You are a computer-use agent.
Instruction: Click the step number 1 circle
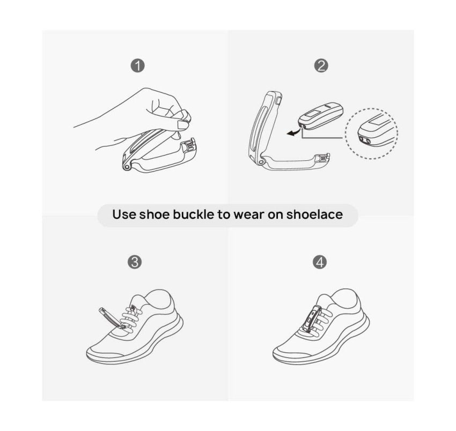pos(137,66)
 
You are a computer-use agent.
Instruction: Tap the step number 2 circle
pos(321,66)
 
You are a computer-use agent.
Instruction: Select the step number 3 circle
pos(135,263)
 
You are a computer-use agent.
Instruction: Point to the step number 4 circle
pos(320,263)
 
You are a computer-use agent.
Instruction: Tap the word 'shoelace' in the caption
pos(314,214)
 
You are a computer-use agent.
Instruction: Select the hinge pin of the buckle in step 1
pos(127,168)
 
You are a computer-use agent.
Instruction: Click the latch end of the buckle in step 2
pos(325,158)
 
